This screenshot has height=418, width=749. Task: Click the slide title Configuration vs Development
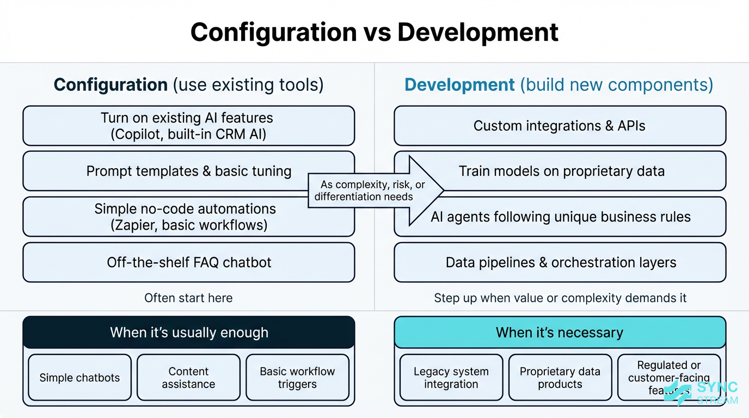(x=374, y=33)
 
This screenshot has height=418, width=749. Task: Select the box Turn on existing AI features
(x=188, y=126)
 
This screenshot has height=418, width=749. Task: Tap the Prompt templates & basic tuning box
(x=163, y=171)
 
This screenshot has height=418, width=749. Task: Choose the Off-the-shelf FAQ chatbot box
(x=188, y=262)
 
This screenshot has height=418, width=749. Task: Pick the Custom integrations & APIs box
(x=560, y=126)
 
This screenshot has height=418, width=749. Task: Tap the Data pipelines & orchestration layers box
(x=560, y=262)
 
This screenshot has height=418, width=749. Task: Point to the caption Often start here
(x=188, y=298)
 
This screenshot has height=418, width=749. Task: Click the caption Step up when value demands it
(x=560, y=298)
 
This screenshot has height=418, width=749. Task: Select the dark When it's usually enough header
(x=188, y=332)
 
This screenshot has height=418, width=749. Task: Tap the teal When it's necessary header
(x=560, y=332)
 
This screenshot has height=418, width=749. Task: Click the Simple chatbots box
(x=79, y=378)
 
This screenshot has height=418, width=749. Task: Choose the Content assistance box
(x=188, y=378)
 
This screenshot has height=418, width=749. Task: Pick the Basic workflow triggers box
(x=297, y=378)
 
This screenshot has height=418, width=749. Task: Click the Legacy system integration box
(x=451, y=378)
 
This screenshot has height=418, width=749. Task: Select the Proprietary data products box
(x=560, y=378)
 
